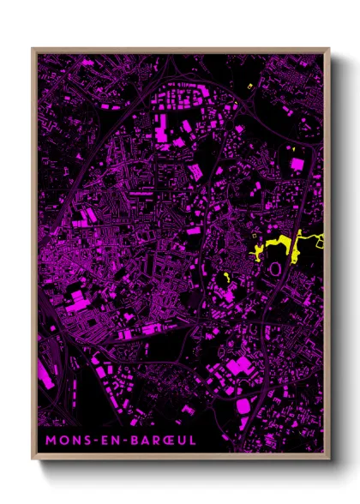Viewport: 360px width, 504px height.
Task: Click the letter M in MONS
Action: click(x=50, y=440)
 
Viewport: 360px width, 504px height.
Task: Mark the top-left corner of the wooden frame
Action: click(x=33, y=48)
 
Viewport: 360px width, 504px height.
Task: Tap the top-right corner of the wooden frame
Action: click(x=329, y=48)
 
